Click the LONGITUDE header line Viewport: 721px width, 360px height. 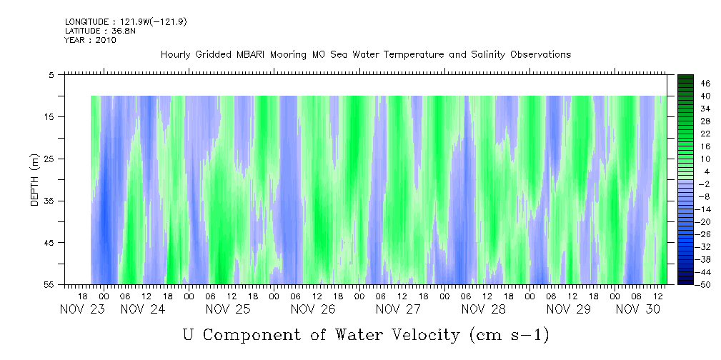tap(126, 22)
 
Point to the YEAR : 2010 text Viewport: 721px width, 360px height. tap(90, 40)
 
